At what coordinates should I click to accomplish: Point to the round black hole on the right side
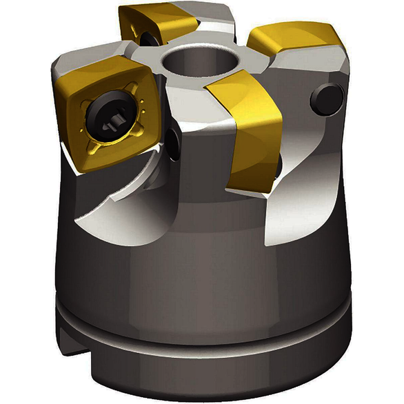click(327, 99)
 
